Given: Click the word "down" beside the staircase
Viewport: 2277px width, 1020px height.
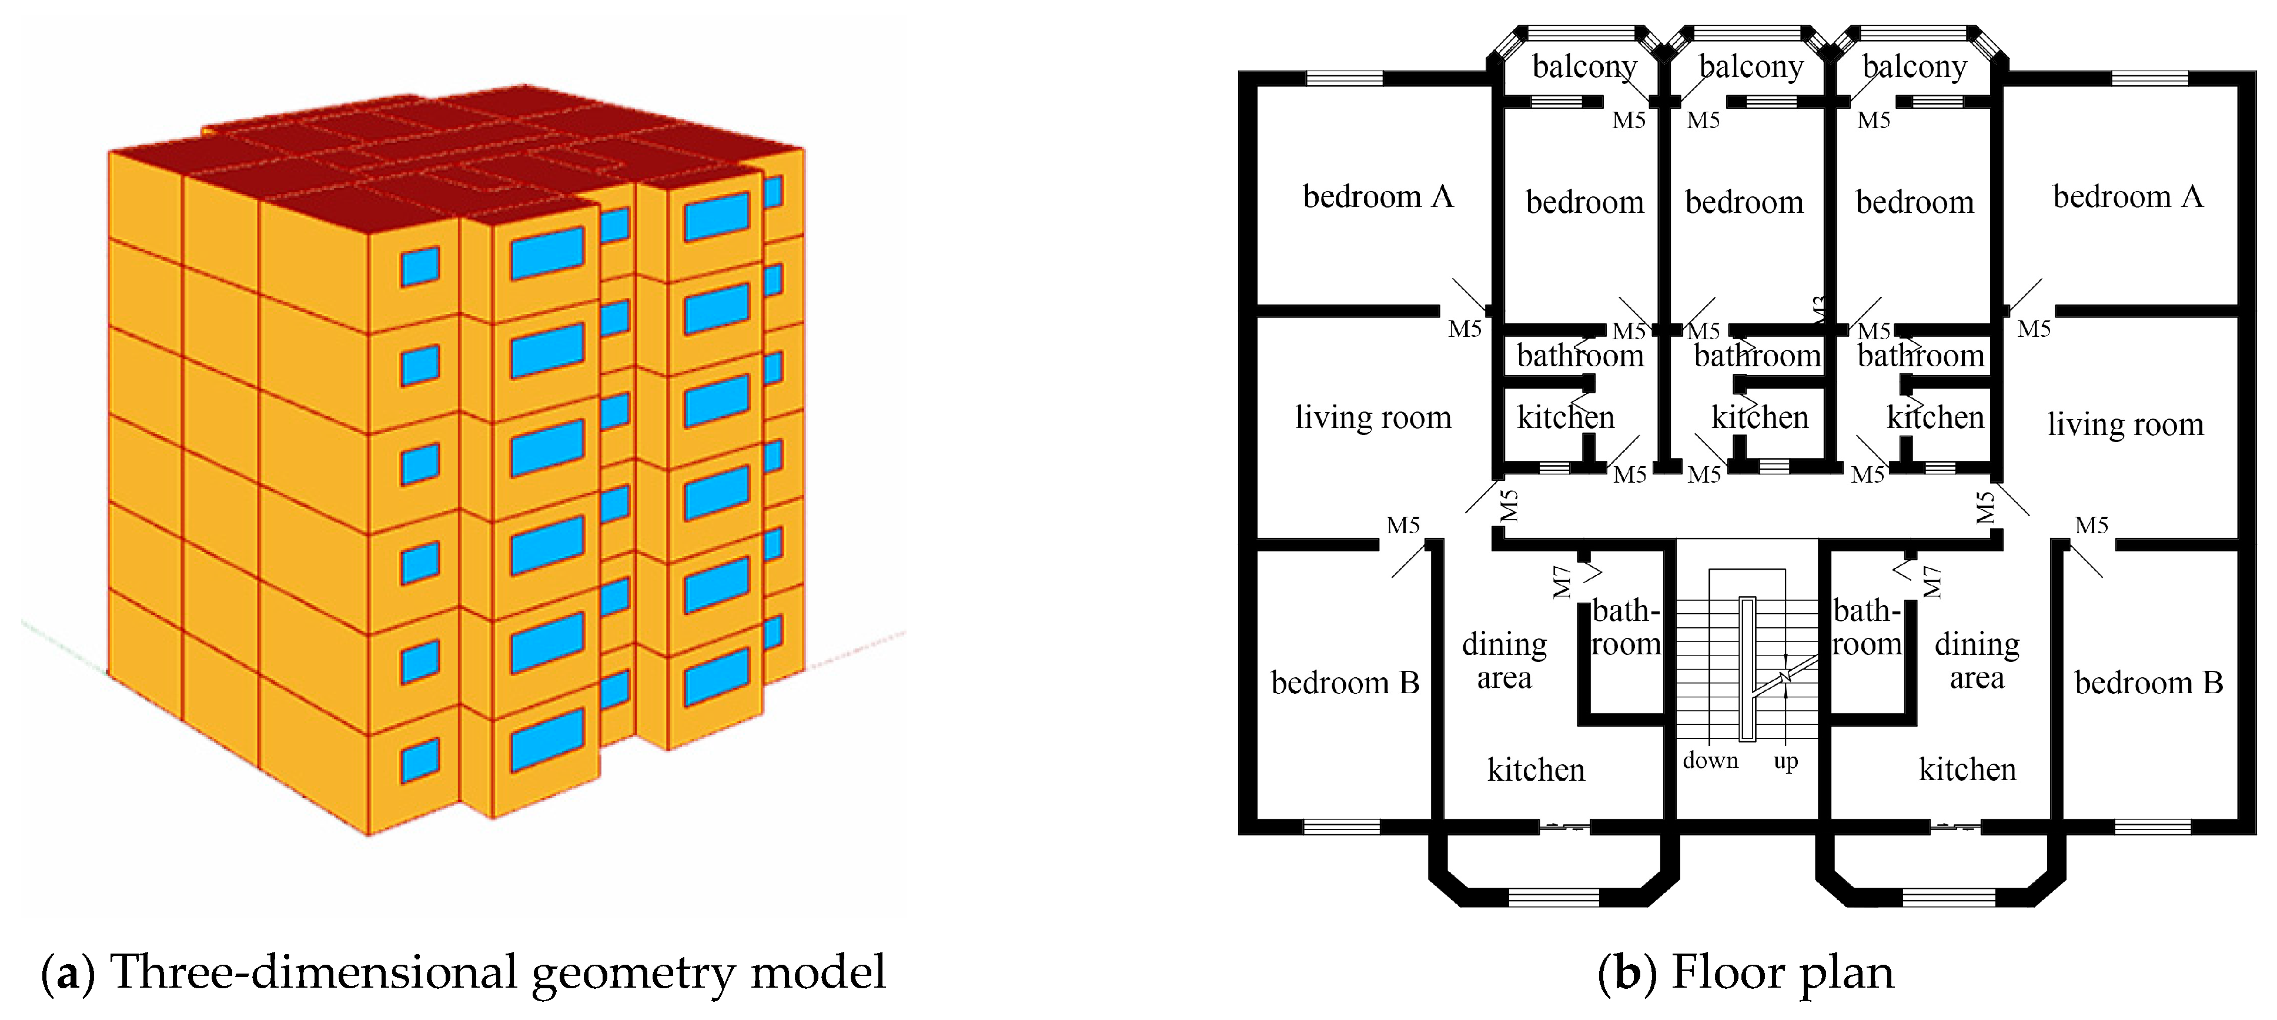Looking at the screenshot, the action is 1710,760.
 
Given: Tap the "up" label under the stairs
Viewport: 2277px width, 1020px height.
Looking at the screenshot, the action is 1786,763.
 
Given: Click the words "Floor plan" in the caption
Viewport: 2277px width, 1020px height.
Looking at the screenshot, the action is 1783,972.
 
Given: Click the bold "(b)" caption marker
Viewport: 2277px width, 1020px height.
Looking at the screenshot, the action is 1629,973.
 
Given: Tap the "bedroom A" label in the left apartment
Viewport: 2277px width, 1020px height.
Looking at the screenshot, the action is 1378,196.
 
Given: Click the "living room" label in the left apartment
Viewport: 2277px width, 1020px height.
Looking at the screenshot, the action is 1373,417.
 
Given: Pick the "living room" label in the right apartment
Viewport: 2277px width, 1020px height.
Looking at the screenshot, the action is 2125,424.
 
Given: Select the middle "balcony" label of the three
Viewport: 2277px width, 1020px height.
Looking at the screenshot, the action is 1751,67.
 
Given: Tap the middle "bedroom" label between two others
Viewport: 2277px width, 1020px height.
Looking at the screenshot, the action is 1744,202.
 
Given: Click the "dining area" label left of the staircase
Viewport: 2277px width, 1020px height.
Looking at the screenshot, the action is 1504,660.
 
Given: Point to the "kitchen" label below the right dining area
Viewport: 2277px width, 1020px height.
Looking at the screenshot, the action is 1968,770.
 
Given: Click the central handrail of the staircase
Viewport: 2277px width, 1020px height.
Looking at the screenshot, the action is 1747,669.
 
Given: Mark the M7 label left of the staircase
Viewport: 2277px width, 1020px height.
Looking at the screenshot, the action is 1562,581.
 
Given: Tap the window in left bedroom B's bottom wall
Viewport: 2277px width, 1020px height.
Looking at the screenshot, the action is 1342,827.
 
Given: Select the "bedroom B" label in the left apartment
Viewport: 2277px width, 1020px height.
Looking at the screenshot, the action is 1345,683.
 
